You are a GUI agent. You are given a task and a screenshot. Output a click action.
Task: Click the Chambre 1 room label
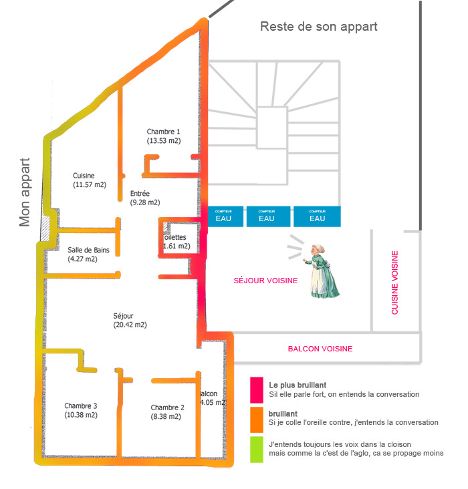(x=164, y=136)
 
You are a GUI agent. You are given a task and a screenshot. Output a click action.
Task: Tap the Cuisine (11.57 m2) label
(x=90, y=180)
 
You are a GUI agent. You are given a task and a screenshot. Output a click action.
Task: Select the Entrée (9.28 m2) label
(x=144, y=198)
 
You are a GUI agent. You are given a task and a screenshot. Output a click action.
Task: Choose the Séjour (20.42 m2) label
(x=130, y=320)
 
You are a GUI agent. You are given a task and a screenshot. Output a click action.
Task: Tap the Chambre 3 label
(x=81, y=410)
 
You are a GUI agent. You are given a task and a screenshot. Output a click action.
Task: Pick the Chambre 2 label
(x=167, y=412)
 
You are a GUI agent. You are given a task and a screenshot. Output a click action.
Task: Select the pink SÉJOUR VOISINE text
(x=265, y=281)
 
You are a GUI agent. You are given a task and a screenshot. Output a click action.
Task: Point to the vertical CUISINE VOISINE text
(x=394, y=283)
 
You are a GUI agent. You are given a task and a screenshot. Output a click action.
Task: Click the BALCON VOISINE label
(x=320, y=349)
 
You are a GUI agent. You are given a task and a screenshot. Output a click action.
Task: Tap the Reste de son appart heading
(x=319, y=27)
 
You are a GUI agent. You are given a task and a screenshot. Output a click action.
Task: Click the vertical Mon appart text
(x=25, y=192)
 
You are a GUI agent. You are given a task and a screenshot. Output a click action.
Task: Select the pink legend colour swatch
(x=256, y=389)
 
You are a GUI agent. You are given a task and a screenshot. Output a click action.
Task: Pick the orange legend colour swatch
(x=256, y=418)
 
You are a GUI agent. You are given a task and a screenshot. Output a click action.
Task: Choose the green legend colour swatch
(x=256, y=448)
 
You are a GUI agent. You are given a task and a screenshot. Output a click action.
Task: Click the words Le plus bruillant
(x=298, y=385)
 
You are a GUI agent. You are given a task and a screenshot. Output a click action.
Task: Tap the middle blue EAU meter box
(x=266, y=216)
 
